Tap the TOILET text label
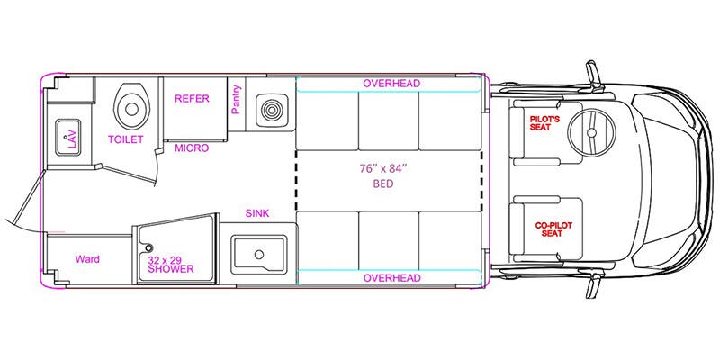tap(125, 139)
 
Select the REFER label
tap(192, 99)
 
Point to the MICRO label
tap(192, 148)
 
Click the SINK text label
tap(259, 213)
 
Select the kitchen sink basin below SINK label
tap(259, 254)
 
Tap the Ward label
tap(86, 259)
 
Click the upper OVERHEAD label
tap(391, 84)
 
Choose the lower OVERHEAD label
tap(391, 278)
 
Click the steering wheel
tap(593, 131)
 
